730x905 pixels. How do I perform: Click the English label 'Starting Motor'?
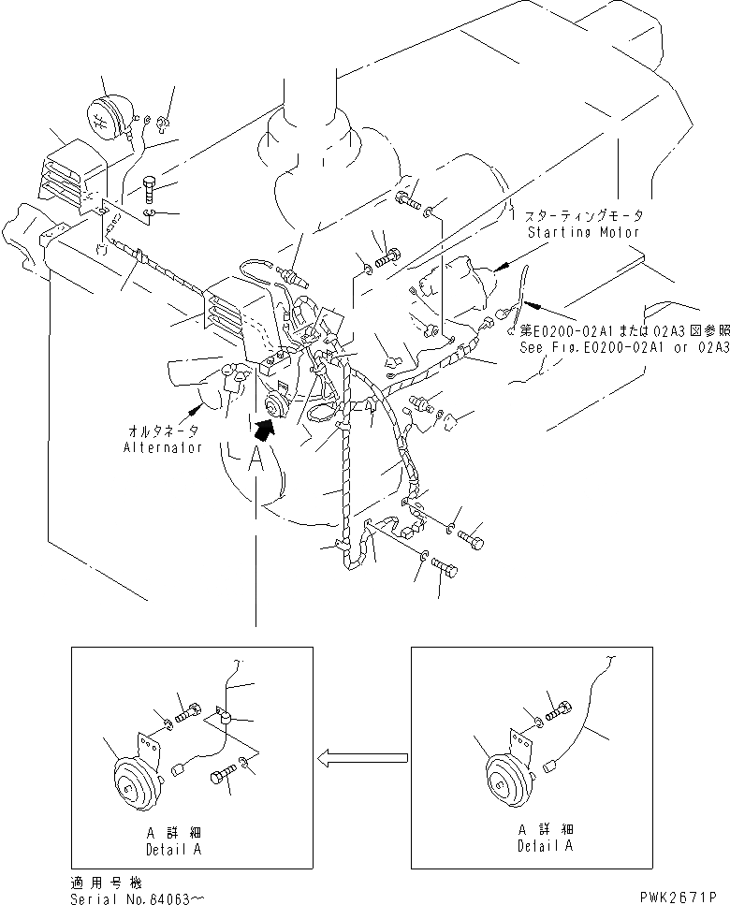tap(582, 231)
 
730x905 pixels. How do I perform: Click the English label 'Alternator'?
tap(162, 448)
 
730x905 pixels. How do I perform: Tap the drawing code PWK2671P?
tap(684, 898)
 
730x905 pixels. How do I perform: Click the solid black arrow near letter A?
tap(267, 428)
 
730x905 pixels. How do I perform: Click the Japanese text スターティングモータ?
tap(582, 216)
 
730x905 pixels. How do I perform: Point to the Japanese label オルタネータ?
tap(162, 433)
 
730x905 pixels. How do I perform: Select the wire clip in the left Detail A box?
tap(225, 718)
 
